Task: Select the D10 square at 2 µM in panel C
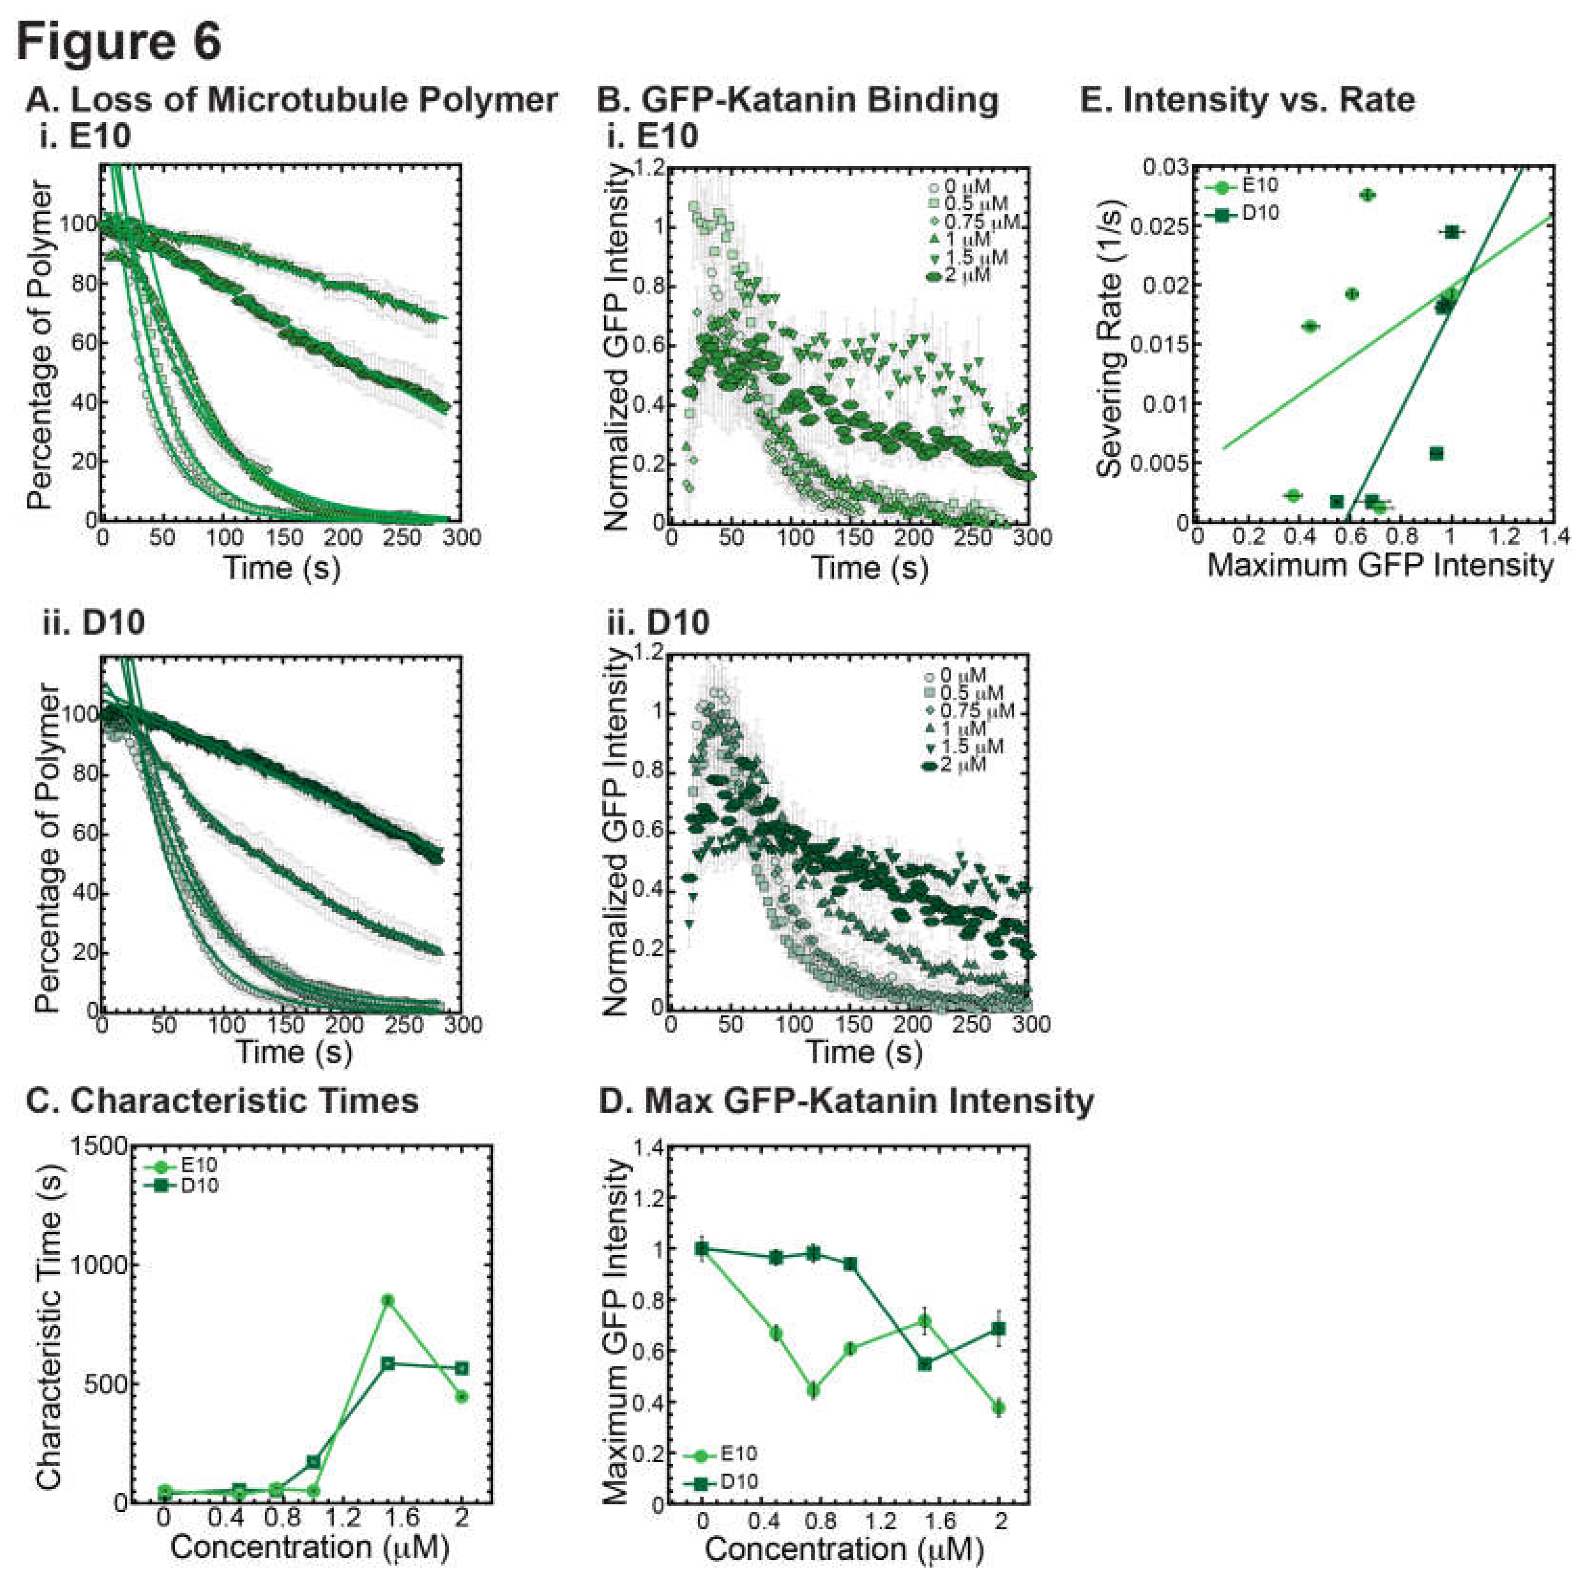pyautogui.click(x=462, y=1368)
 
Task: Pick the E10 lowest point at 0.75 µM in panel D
pyautogui.click(x=813, y=1390)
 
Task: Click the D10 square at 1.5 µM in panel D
pyautogui.click(x=925, y=1364)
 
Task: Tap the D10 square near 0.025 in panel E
pyautogui.click(x=1452, y=232)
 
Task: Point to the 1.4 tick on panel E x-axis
pyautogui.click(x=1552, y=538)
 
